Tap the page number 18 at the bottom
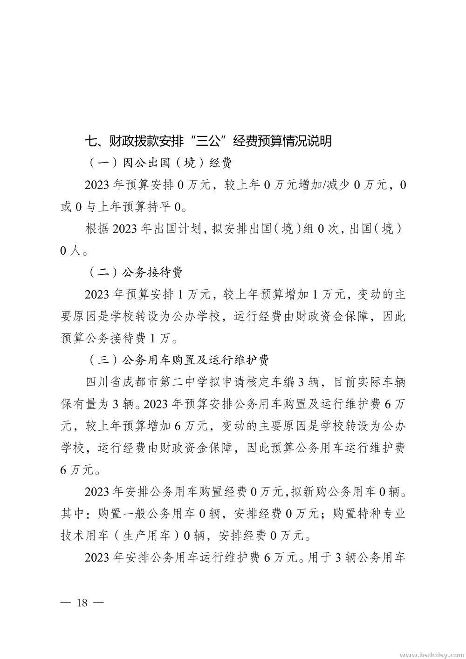(x=82, y=602)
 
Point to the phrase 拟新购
(x=308, y=491)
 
